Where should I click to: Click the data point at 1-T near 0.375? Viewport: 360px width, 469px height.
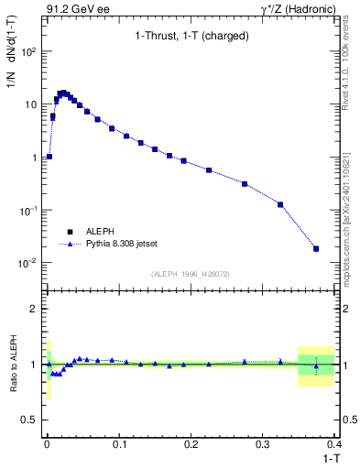[316, 248]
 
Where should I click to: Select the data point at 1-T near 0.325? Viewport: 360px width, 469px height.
[280, 204]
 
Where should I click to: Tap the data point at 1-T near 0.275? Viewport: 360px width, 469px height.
[245, 184]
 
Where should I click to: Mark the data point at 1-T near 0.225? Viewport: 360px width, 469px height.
[209, 170]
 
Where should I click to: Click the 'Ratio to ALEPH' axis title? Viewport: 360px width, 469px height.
[13, 365]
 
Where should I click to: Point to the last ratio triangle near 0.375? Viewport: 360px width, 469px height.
[316, 366]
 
